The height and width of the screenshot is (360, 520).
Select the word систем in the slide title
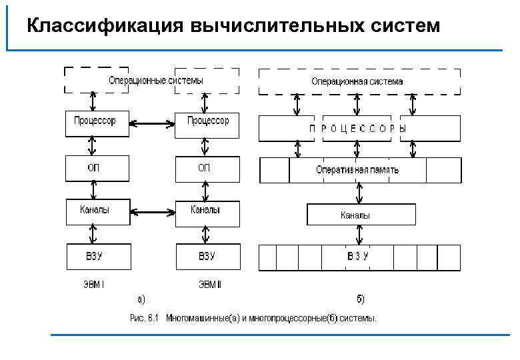405,26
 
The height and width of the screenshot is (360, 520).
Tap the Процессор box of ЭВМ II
207,124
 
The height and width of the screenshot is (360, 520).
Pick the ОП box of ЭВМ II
207,169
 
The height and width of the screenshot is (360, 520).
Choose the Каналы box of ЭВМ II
207,213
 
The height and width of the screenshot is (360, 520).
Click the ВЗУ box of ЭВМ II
207,257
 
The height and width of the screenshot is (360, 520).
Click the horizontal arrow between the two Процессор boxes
152,123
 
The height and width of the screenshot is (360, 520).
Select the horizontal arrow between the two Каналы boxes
152,213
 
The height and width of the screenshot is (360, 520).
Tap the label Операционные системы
156,80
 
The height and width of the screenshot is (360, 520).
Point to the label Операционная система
357,81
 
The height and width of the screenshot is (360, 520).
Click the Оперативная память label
357,169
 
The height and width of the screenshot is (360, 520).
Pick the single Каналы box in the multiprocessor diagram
360,215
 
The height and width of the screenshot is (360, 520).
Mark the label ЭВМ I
93,285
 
